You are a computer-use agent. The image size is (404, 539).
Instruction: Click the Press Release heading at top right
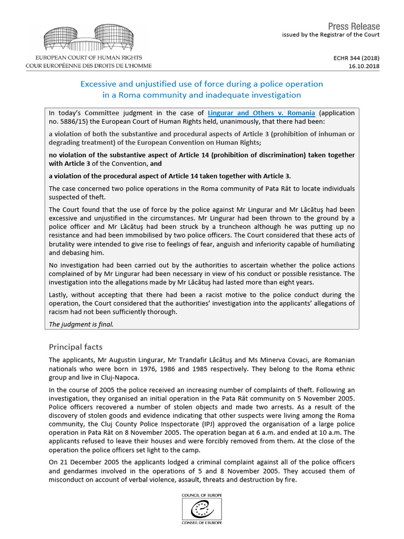tap(353, 26)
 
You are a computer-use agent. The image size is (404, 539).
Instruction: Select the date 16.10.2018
tap(365, 66)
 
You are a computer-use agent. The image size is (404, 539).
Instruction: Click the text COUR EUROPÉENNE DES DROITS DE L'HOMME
tap(89, 66)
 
